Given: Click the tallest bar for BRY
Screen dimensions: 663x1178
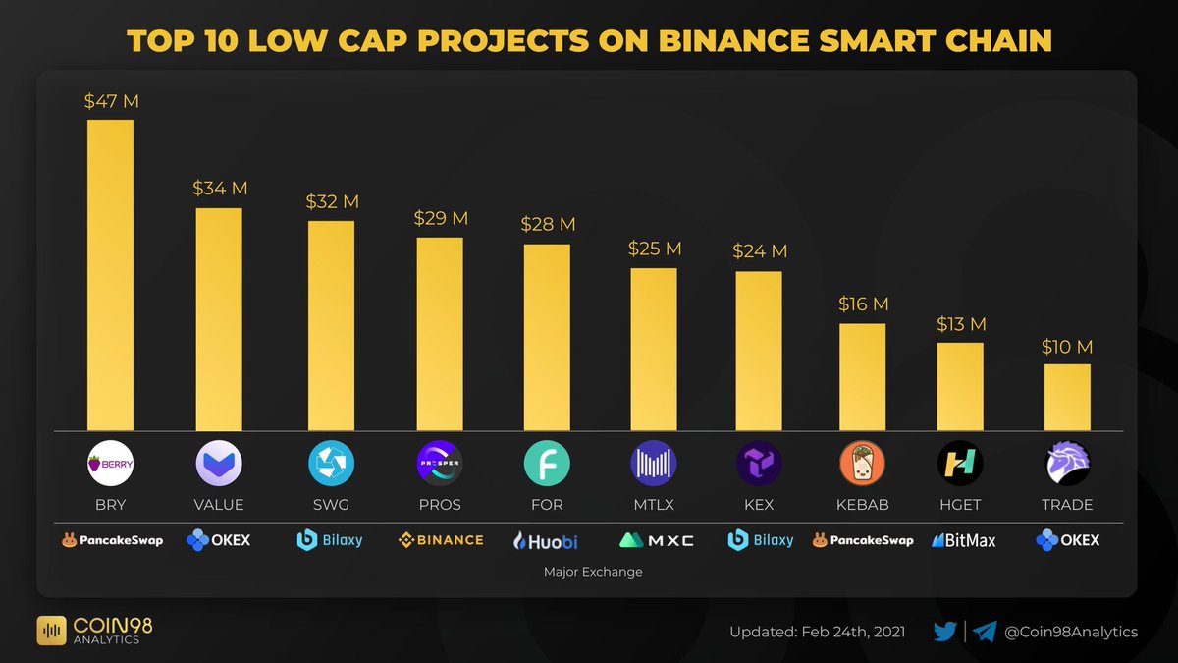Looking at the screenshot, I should click(x=110, y=275).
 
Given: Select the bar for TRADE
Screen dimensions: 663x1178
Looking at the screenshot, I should click(x=1067, y=397).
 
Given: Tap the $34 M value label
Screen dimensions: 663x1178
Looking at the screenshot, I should click(x=220, y=188).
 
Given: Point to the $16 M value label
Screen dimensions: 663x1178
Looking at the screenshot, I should click(x=863, y=304).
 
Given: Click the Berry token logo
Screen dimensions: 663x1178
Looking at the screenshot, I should click(x=111, y=464).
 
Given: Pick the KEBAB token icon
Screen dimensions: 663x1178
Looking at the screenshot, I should click(x=863, y=464).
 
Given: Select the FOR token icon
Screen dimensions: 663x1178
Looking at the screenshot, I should click(x=547, y=464).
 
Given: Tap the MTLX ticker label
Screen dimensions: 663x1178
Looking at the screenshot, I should click(x=653, y=505).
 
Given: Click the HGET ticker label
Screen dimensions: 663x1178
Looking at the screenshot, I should click(x=959, y=505).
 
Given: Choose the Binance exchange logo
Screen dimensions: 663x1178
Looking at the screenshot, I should click(x=441, y=539).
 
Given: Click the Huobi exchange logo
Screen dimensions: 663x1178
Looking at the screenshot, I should click(x=547, y=539).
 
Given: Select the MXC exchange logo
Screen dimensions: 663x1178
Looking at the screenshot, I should click(x=656, y=539).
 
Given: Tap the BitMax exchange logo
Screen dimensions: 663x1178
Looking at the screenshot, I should click(x=963, y=539).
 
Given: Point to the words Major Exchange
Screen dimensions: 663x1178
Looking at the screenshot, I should click(x=592, y=571).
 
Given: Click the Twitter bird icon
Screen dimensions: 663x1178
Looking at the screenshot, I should click(x=945, y=632).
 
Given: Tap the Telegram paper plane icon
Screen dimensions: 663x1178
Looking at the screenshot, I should click(x=986, y=632).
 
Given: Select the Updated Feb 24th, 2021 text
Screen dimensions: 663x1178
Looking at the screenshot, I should click(x=817, y=632).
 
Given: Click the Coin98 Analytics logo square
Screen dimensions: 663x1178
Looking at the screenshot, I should click(x=51, y=631).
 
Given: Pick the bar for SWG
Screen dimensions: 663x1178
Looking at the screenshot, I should click(x=331, y=325).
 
